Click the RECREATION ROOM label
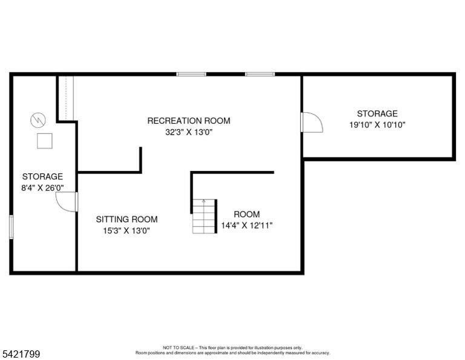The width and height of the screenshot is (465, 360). click(x=189, y=121)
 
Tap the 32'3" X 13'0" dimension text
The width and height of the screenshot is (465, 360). click(x=189, y=132)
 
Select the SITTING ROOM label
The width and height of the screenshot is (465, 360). click(x=127, y=219)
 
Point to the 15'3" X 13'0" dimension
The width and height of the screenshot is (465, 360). click(x=127, y=230)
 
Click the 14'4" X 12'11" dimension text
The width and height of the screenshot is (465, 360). click(x=247, y=225)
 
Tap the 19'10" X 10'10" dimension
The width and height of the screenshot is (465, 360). click(x=377, y=125)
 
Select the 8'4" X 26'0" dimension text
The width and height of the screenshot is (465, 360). click(x=42, y=188)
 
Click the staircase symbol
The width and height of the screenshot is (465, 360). click(x=205, y=216)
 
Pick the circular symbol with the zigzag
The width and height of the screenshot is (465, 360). click(x=38, y=120)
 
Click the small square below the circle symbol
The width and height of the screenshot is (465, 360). click(x=45, y=141)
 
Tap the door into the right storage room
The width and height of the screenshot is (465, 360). click(x=311, y=122)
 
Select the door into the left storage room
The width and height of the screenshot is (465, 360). click(x=67, y=202)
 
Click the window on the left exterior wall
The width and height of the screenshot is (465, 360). click(x=12, y=227)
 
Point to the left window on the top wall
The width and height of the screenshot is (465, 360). click(x=191, y=74)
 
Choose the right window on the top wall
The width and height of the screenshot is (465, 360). click(x=260, y=74)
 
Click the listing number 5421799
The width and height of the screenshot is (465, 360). click(x=21, y=354)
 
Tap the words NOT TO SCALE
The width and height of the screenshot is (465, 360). click(x=179, y=347)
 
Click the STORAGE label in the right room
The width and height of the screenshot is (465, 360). click(x=377, y=114)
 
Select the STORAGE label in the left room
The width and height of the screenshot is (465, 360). click(x=42, y=176)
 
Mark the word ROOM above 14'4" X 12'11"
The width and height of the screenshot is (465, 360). click(x=247, y=215)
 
